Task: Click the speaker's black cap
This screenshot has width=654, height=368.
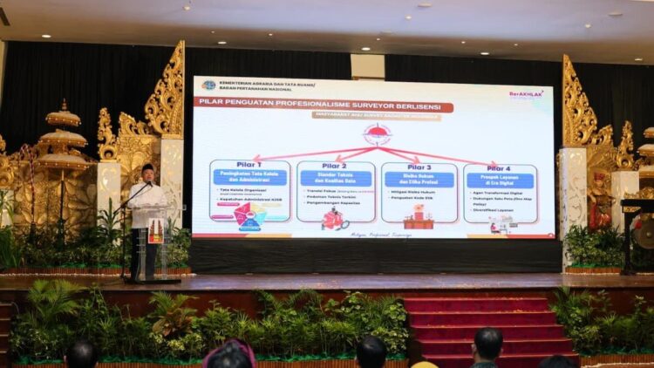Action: pyautogui.click(x=147, y=167)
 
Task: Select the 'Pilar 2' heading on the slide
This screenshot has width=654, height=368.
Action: pyautogui.click(x=335, y=165)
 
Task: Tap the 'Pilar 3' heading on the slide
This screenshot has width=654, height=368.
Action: pyautogui.click(x=419, y=166)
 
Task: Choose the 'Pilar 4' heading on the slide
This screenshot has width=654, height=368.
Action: pyautogui.click(x=499, y=167)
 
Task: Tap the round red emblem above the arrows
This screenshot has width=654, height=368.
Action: pyautogui.click(x=377, y=134)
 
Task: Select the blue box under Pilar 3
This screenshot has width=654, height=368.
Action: pyautogui.click(x=419, y=179)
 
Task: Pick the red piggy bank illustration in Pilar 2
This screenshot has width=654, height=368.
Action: pyautogui.click(x=335, y=219)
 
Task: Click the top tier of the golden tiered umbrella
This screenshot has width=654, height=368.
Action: pyautogui.click(x=63, y=114)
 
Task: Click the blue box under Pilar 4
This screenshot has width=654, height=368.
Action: pyautogui.click(x=500, y=181)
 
